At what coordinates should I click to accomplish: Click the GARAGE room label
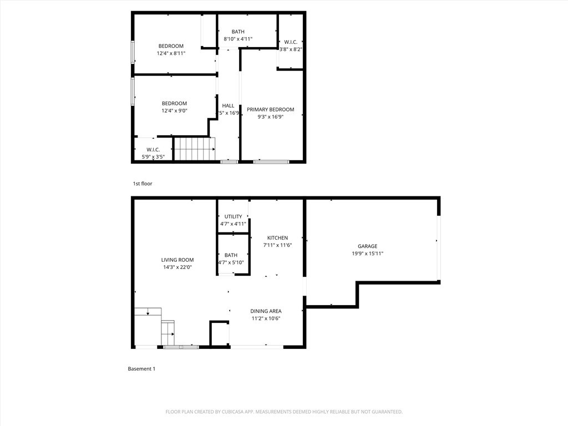pyautogui.click(x=367, y=246)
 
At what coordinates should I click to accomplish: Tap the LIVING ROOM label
pyautogui.click(x=177, y=260)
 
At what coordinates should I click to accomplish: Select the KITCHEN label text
pyautogui.click(x=277, y=238)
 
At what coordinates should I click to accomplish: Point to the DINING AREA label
pyautogui.click(x=266, y=311)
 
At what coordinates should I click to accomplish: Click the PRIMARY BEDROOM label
pyautogui.click(x=271, y=110)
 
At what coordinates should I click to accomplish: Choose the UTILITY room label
pyautogui.click(x=233, y=217)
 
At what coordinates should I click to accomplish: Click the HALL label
pyautogui.click(x=229, y=105)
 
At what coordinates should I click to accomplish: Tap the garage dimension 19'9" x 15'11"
pyautogui.click(x=367, y=253)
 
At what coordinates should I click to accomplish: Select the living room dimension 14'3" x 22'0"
pyautogui.click(x=177, y=267)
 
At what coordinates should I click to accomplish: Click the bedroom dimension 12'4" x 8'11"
pyautogui.click(x=171, y=53)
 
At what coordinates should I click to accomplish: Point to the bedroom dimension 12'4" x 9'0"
pyautogui.click(x=174, y=110)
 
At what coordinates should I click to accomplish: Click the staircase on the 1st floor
pyautogui.click(x=194, y=148)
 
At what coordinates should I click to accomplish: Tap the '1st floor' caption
pyautogui.click(x=143, y=184)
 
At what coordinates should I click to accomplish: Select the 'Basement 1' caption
pyautogui.click(x=141, y=369)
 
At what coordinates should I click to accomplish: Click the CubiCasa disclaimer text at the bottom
pyautogui.click(x=284, y=412)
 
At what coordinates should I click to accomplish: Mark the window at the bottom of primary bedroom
pyautogui.click(x=271, y=161)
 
